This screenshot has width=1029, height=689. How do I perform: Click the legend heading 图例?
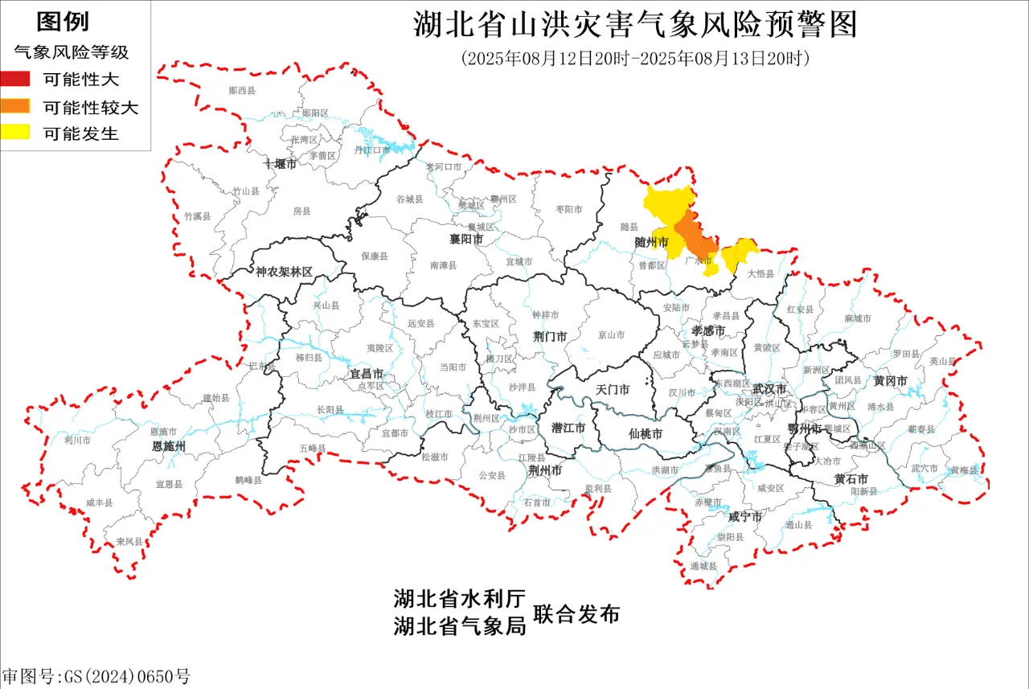[x=63, y=22]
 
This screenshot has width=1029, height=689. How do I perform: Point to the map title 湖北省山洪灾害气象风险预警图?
[x=635, y=25]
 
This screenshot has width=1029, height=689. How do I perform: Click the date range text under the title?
[x=634, y=59]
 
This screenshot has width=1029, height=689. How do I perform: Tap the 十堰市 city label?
[x=281, y=164]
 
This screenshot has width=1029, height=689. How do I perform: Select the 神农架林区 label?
[x=284, y=272]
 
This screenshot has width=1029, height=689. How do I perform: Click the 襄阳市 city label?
[x=466, y=240]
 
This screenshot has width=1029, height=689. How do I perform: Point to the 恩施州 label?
[x=169, y=445]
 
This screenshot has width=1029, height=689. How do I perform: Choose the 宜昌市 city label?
[x=366, y=375]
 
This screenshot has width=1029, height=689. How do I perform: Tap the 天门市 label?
[x=612, y=390]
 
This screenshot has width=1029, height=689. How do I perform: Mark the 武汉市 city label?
[x=770, y=388]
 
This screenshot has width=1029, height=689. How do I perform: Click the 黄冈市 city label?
[x=891, y=380]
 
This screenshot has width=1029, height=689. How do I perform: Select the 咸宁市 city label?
[x=744, y=516]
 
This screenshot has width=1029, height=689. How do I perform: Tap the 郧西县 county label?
[x=242, y=91]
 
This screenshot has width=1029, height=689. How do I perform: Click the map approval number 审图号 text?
[x=96, y=676]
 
